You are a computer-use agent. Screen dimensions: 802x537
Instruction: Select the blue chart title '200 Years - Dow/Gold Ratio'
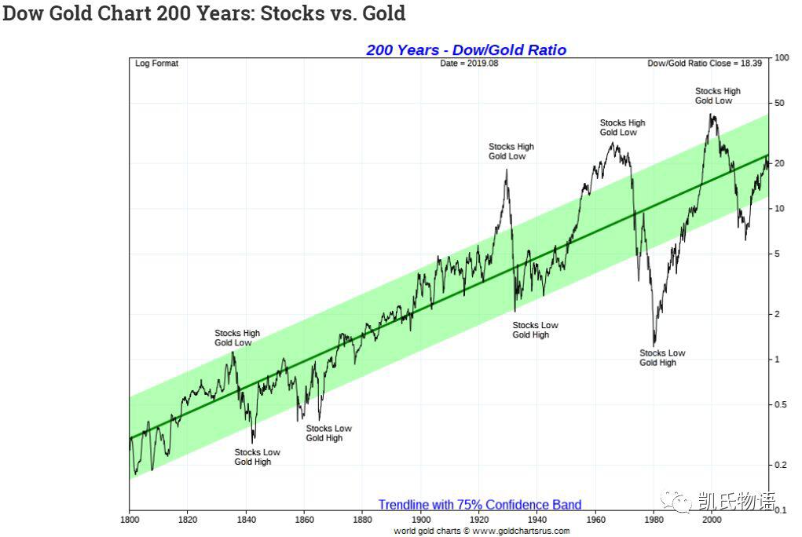[466, 50]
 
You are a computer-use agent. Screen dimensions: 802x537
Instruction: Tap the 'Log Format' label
[156, 64]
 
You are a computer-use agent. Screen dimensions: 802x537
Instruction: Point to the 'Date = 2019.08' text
[469, 64]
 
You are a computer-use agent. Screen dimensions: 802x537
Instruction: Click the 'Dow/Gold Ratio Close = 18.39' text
[705, 64]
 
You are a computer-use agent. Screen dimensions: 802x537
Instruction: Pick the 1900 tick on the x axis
[420, 520]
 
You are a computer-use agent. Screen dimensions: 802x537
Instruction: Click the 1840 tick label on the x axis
[246, 520]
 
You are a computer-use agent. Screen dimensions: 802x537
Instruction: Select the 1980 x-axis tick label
[654, 520]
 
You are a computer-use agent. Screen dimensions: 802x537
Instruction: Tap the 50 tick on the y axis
[779, 104]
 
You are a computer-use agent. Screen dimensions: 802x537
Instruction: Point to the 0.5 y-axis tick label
[780, 404]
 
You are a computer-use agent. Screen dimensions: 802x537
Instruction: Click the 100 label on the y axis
[782, 58]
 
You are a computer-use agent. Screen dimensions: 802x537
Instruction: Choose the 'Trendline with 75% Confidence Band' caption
[480, 505]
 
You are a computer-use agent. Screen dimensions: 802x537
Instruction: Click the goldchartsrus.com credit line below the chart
[482, 531]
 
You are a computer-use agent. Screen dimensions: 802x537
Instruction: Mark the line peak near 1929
[507, 170]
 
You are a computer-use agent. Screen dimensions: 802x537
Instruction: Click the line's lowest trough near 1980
[654, 345]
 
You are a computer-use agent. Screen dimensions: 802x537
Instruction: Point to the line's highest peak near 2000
[711, 115]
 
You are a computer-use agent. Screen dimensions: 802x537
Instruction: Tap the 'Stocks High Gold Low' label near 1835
[236, 338]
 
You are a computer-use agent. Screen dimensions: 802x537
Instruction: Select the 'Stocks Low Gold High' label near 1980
[662, 358]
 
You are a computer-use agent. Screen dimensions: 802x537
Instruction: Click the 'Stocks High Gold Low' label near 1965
[622, 128]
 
